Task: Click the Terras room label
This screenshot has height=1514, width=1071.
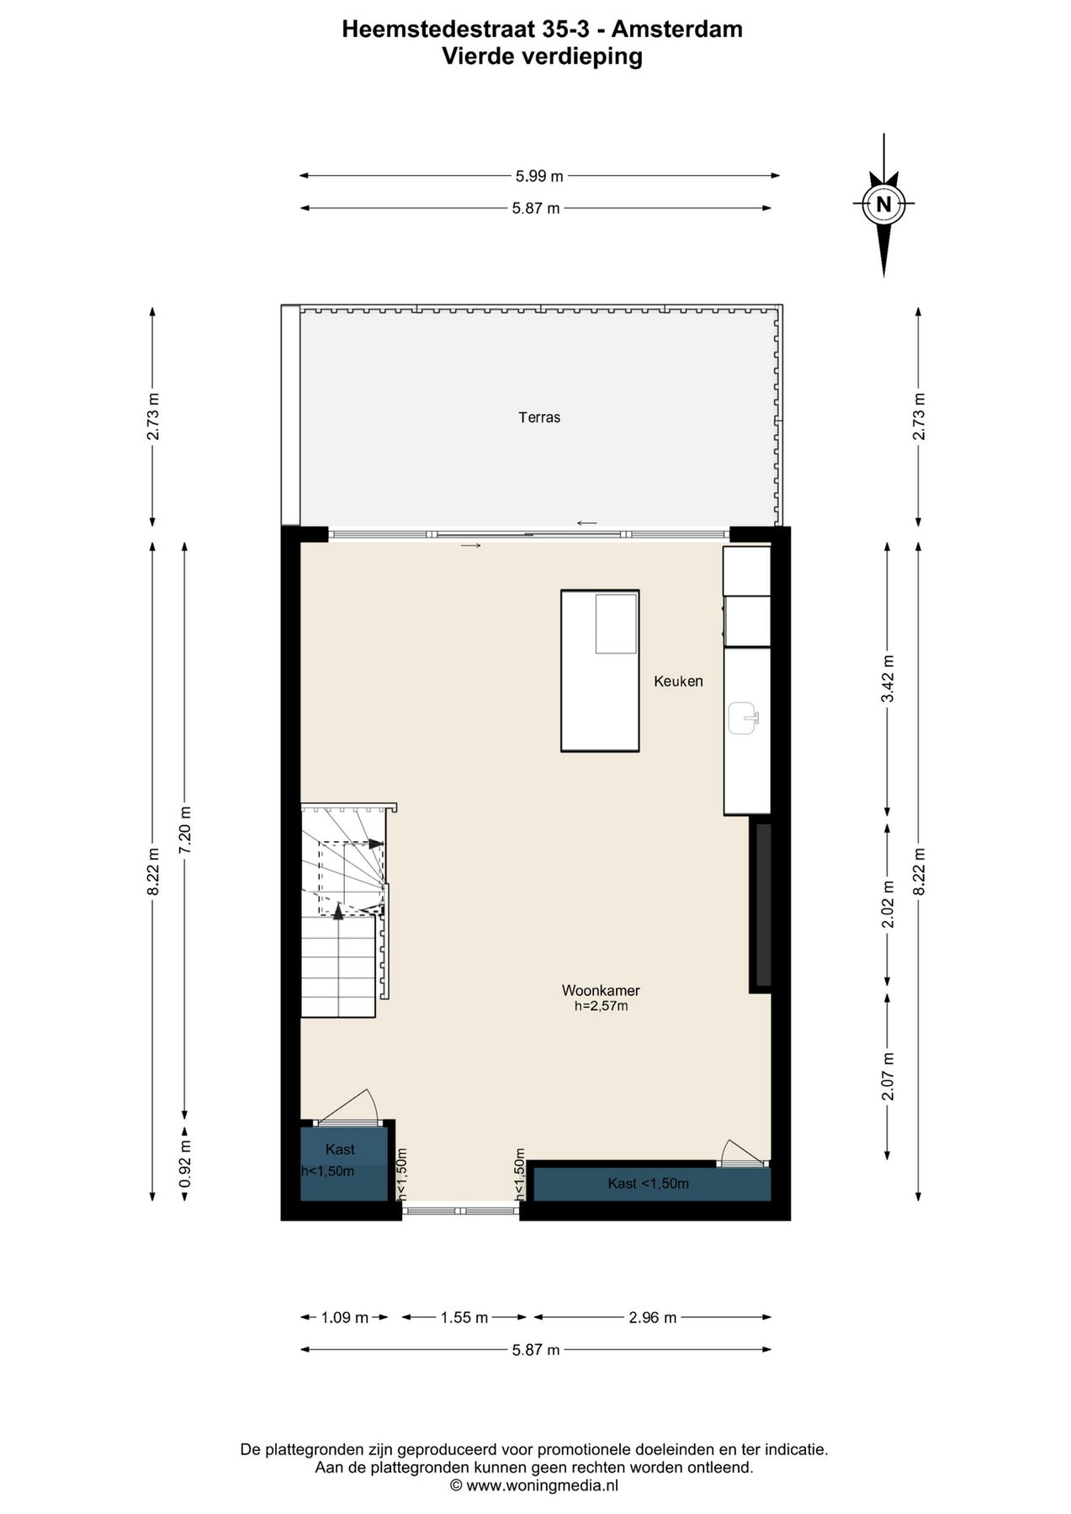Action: pyautogui.click(x=539, y=417)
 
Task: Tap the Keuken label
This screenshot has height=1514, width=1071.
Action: pyautogui.click(x=678, y=681)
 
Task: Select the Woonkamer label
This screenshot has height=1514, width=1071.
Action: pyautogui.click(x=601, y=991)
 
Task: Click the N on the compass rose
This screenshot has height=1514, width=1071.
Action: pyautogui.click(x=883, y=204)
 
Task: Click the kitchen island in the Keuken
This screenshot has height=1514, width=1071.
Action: pyautogui.click(x=600, y=670)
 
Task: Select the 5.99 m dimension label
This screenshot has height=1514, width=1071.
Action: pyautogui.click(x=539, y=176)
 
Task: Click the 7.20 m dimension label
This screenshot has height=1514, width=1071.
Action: pyautogui.click(x=185, y=830)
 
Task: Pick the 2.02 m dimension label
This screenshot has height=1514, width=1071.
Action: pyautogui.click(x=888, y=904)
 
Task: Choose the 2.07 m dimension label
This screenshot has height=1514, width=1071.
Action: pyautogui.click(x=888, y=1077)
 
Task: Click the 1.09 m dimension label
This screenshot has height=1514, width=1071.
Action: pyautogui.click(x=345, y=1318)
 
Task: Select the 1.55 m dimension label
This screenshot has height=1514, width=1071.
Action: pyautogui.click(x=464, y=1318)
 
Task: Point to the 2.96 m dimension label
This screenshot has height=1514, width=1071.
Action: pyautogui.click(x=653, y=1318)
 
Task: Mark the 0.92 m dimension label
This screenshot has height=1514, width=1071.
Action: pyautogui.click(x=185, y=1163)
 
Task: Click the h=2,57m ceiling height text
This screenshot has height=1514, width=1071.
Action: pyautogui.click(x=601, y=1005)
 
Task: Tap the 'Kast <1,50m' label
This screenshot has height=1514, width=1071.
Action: pyautogui.click(x=649, y=1183)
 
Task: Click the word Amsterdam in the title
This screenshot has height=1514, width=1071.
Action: pyautogui.click(x=676, y=29)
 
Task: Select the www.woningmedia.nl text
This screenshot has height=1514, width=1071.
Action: pyautogui.click(x=543, y=1485)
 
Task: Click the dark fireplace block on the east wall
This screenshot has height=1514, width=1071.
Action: pyautogui.click(x=762, y=904)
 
